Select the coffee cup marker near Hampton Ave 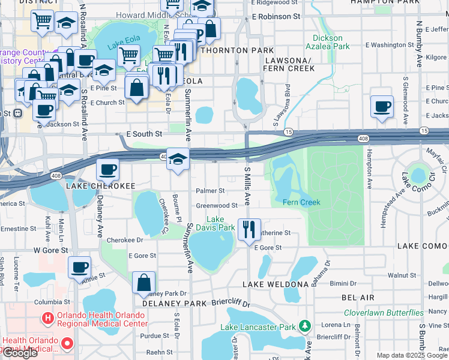[x=382, y=107]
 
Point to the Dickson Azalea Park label [x=327, y=42]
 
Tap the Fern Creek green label [x=301, y=202]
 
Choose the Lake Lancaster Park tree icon [x=305, y=326]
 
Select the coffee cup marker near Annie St [x=79, y=267]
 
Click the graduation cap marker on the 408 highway [x=178, y=158]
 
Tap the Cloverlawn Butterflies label [x=384, y=313]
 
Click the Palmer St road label [x=210, y=191]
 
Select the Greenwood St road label [x=217, y=205]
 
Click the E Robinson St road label [x=277, y=17]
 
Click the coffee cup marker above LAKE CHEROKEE [x=107, y=169]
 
